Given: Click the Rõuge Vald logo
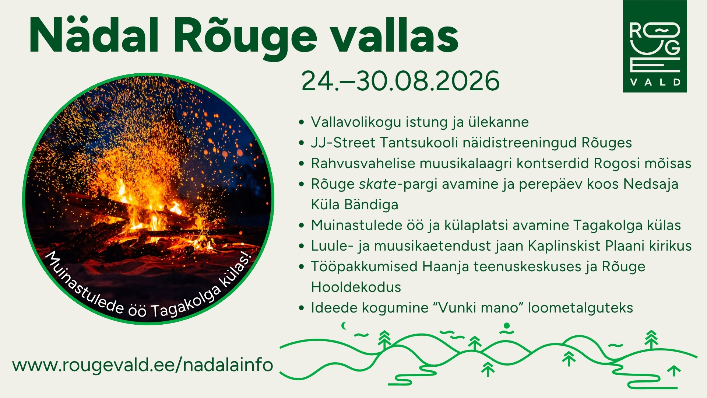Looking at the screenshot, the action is tap(655, 46).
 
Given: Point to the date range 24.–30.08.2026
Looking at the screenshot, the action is tap(400, 81).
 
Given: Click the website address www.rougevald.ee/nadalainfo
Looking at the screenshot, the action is tap(143, 365).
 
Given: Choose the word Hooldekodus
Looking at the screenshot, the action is tap(356, 287).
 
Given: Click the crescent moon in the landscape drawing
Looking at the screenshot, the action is tap(345, 325).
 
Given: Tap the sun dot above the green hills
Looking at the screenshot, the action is tap(507, 326).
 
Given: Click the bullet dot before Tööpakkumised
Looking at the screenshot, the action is tap(302, 267).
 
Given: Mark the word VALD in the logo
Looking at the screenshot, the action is tap(655, 82).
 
